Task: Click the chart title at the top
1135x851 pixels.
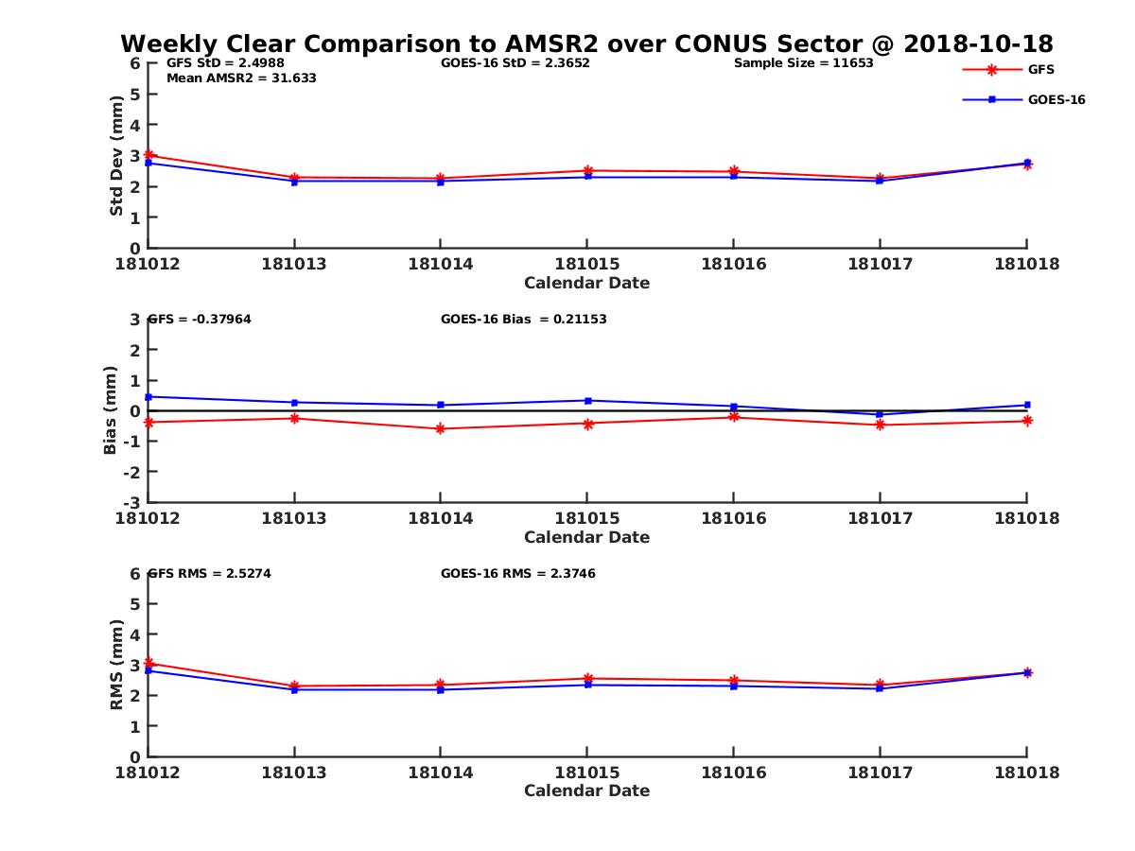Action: (586, 44)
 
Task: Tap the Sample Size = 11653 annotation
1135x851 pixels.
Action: (803, 63)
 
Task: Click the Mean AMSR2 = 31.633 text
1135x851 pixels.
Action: (241, 78)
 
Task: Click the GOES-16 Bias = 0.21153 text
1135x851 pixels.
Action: (523, 320)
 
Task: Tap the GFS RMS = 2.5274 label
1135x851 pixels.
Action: (210, 573)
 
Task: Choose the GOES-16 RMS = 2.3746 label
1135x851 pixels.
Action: (517, 573)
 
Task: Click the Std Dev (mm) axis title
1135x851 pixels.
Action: (117, 155)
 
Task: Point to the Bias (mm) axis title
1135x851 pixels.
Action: (111, 410)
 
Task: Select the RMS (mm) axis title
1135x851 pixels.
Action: (117, 665)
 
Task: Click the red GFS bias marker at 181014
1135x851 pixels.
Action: (441, 429)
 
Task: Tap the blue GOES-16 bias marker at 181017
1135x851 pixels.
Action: (880, 415)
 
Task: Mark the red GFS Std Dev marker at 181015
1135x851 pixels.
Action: (587, 171)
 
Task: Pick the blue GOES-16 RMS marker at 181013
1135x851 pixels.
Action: (295, 689)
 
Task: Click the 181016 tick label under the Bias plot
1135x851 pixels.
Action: (733, 518)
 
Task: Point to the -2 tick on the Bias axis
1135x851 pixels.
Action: (135, 472)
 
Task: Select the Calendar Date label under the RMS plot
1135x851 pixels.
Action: (586, 791)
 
